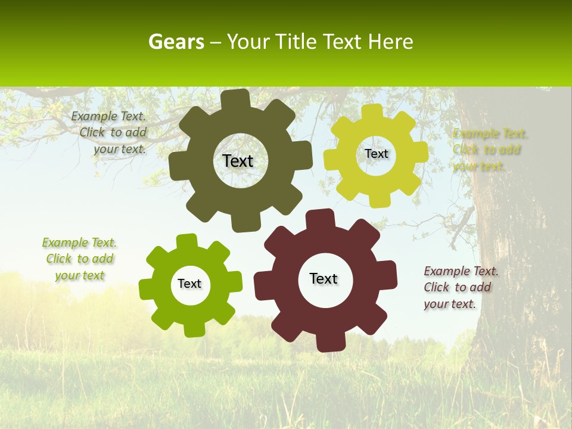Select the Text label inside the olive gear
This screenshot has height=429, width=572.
(x=238, y=161)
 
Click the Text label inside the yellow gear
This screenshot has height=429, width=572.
(x=376, y=154)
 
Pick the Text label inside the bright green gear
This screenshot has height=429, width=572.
(x=189, y=284)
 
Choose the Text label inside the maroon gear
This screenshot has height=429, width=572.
(x=324, y=278)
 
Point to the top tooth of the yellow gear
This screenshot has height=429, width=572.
(x=372, y=112)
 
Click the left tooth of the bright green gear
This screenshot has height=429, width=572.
(x=147, y=290)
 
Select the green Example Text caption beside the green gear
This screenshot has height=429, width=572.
(x=79, y=259)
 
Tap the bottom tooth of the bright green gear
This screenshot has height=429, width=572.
(x=194, y=328)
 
